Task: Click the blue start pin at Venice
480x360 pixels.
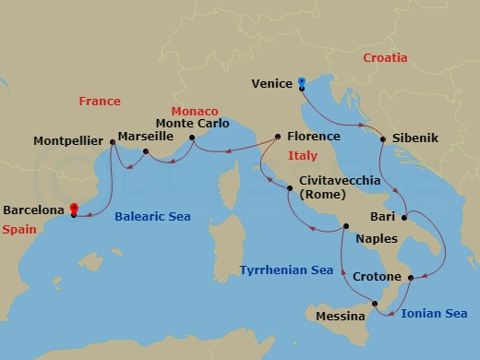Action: coord(302,83)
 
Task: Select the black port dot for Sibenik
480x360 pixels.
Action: coord(381,138)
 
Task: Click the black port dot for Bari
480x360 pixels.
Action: coord(403,218)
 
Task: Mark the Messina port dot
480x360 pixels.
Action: coord(375,304)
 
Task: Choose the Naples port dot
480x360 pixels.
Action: coord(345,226)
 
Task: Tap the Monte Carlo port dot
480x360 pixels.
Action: coord(192,138)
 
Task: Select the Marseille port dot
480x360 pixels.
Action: coord(146,150)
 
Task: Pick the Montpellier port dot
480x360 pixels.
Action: coord(112,141)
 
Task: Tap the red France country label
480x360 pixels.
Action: coord(100,101)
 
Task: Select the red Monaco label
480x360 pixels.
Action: coord(195,111)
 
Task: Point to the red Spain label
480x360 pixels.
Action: coord(19,227)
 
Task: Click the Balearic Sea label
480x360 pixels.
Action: coord(152,217)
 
